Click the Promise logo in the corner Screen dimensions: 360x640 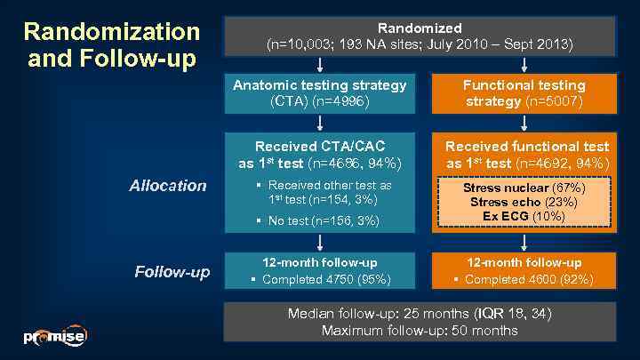click(54, 337)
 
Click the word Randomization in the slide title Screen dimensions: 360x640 click(112, 32)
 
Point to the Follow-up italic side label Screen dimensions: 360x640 click(172, 271)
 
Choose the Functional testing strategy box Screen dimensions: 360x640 click(524, 93)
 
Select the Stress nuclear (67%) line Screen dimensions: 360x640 click(524, 188)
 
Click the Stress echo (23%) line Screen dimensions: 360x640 click(524, 202)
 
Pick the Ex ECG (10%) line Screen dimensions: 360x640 click(524, 215)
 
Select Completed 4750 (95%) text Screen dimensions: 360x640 click(323, 279)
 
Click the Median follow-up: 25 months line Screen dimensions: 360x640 click(419, 314)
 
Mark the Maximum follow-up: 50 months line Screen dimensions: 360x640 click(419, 330)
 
